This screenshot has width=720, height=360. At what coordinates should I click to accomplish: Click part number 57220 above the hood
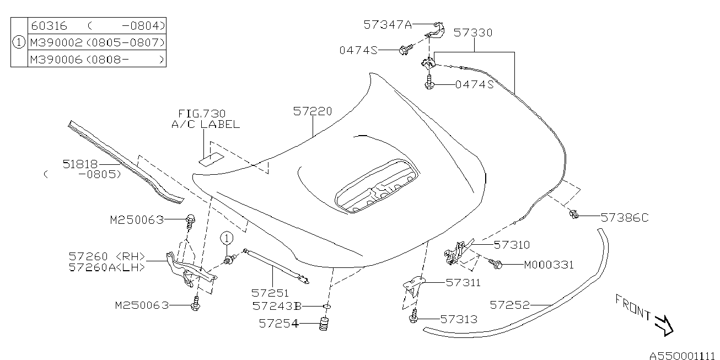(313, 111)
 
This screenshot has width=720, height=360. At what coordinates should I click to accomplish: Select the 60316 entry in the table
(49, 26)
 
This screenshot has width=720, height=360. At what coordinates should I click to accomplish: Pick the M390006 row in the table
(56, 60)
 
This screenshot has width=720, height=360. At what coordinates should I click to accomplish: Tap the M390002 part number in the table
(56, 42)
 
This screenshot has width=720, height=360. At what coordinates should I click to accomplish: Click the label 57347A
(388, 25)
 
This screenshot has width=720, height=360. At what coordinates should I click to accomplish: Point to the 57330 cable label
(473, 33)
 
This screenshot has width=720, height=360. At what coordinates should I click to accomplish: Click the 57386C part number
(625, 218)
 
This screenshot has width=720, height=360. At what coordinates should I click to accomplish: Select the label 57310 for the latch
(512, 245)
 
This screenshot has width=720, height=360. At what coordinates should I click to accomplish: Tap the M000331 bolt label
(549, 265)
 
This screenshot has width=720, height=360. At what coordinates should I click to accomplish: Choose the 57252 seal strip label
(509, 305)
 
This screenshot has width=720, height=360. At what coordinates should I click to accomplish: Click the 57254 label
(278, 324)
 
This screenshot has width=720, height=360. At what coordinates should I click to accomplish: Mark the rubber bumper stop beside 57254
(324, 324)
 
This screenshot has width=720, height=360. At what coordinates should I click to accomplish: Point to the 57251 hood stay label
(270, 293)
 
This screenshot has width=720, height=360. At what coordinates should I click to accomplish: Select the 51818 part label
(80, 164)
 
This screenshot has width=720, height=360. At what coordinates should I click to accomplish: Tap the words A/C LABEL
(206, 125)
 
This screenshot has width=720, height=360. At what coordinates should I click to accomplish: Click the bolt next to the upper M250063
(191, 222)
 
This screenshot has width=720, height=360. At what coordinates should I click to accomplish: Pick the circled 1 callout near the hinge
(227, 239)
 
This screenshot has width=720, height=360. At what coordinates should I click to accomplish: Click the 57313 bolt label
(459, 319)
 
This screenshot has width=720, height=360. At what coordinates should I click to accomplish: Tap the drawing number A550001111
(684, 356)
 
